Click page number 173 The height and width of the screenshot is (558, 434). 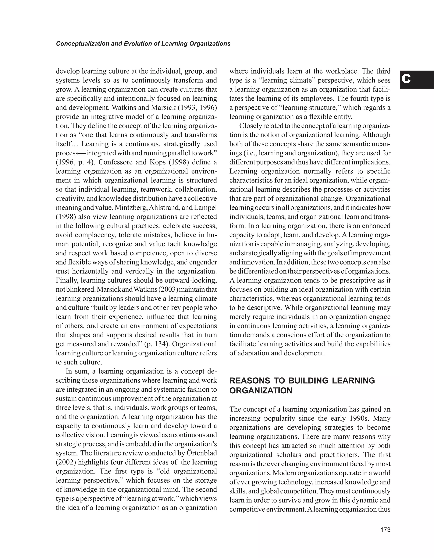pyautogui.click(x=385, y=530)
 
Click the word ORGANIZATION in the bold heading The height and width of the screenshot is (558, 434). pyautogui.click(x=261, y=391)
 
